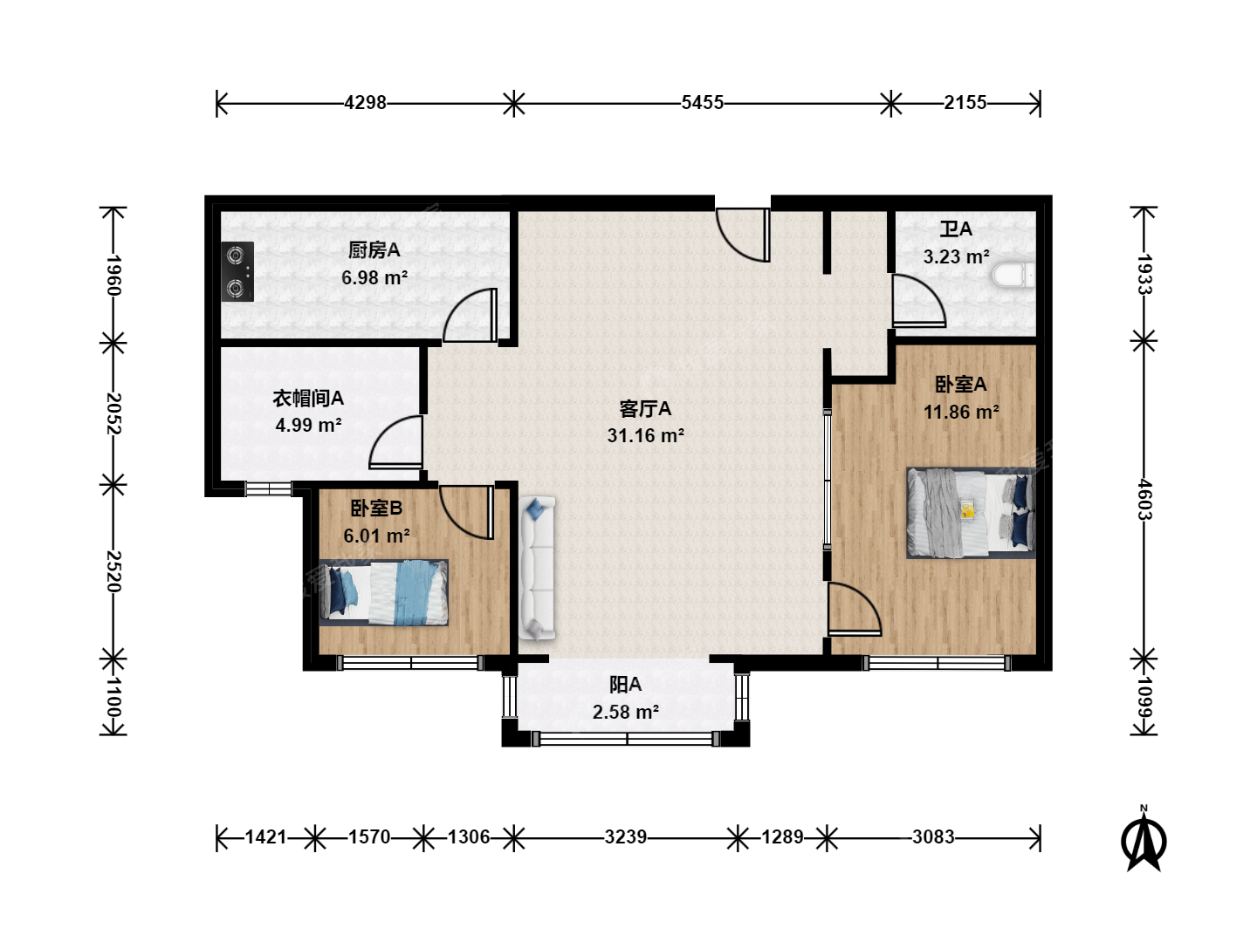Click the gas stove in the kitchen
(237, 271)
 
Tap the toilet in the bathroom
(1013, 275)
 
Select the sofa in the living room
(537, 567)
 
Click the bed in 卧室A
(971, 513)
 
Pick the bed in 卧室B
(384, 592)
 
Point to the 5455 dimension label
(702, 103)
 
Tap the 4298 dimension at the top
(366, 103)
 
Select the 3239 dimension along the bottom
(625, 837)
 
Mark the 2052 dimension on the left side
(113, 413)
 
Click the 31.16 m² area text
(645, 436)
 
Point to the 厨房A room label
(374, 250)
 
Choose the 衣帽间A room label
(308, 398)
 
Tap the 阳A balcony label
(625, 685)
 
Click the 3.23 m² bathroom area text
(957, 256)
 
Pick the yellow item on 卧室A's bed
(968, 509)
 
